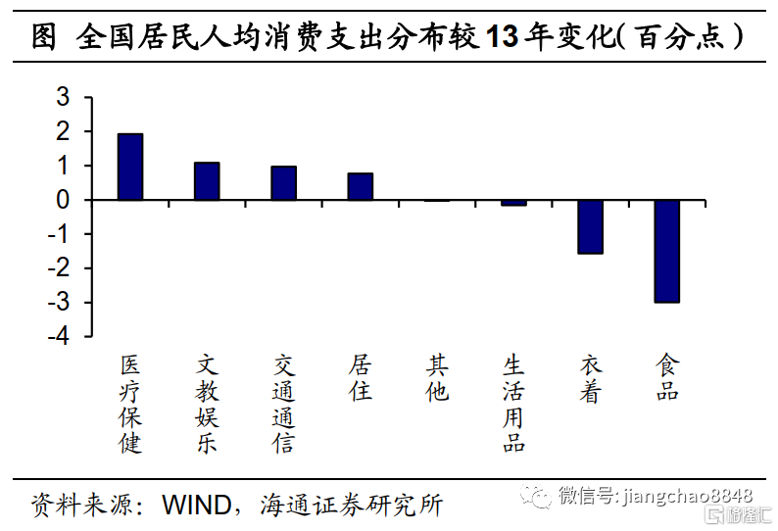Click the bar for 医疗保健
coord(130,167)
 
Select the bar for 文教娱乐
coord(207,181)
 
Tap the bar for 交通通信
coord(284,183)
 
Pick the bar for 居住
coord(361,186)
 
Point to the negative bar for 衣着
coord(591,226)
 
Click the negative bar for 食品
coord(667,251)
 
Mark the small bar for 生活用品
coord(513,203)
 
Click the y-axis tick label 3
coord(63,97)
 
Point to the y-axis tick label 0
coord(63,200)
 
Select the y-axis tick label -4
coord(59,336)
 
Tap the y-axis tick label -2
coord(59,268)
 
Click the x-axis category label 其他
coord(437,378)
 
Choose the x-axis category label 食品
coord(667,377)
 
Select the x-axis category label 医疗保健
coord(130,404)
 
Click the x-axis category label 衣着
coord(591,378)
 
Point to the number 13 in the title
coord(502,36)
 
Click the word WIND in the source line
coord(197,506)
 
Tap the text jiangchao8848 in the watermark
coord(687,496)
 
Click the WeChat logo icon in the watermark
coord(536,497)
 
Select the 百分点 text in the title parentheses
coord(680,36)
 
